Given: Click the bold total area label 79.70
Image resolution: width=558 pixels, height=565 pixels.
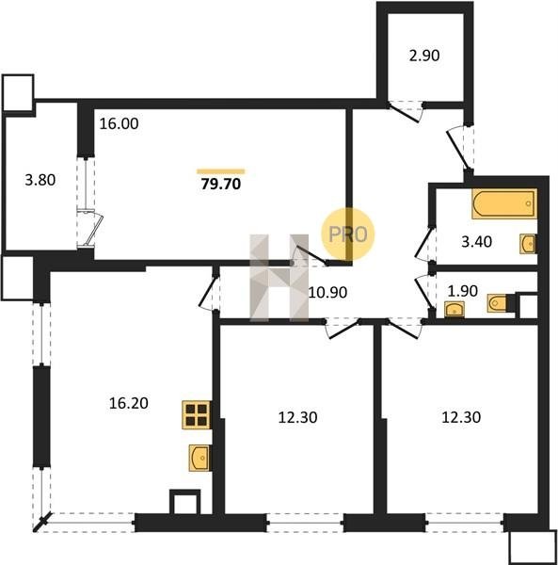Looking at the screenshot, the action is coord(221,185).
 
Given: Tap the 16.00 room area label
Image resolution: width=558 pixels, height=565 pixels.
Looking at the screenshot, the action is coord(119,124).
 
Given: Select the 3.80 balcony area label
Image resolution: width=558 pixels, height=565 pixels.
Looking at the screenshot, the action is coord(40,180).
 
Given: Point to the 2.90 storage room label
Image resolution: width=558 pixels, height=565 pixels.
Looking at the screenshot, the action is coord(424,56).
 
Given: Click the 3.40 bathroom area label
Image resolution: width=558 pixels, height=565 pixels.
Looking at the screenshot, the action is coord(477,242).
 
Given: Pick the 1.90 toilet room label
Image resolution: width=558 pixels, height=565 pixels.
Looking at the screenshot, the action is coord(463,291).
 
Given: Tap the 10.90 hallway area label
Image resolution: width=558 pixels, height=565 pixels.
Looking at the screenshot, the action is coord(328,293).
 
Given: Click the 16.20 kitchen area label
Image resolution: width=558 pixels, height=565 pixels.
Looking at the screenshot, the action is coord(129,403).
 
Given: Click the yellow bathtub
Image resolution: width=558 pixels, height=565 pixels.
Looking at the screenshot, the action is coord(504,203).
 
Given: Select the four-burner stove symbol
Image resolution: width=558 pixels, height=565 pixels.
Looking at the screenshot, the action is coord(197,414).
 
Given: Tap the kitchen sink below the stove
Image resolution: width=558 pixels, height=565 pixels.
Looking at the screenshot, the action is coord(199,458).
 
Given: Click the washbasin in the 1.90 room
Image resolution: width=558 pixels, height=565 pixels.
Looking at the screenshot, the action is coord(454,310).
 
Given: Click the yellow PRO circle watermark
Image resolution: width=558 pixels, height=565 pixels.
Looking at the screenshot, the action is coord(348,234).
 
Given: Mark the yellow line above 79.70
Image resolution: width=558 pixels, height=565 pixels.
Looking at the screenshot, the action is coord(221,171).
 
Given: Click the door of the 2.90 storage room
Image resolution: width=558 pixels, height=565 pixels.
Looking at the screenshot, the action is coord(405,112).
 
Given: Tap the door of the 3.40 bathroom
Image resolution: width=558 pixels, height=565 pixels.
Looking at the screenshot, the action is coord(425,244).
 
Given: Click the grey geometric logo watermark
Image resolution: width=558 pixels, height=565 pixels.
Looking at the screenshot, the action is coord(279,278).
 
